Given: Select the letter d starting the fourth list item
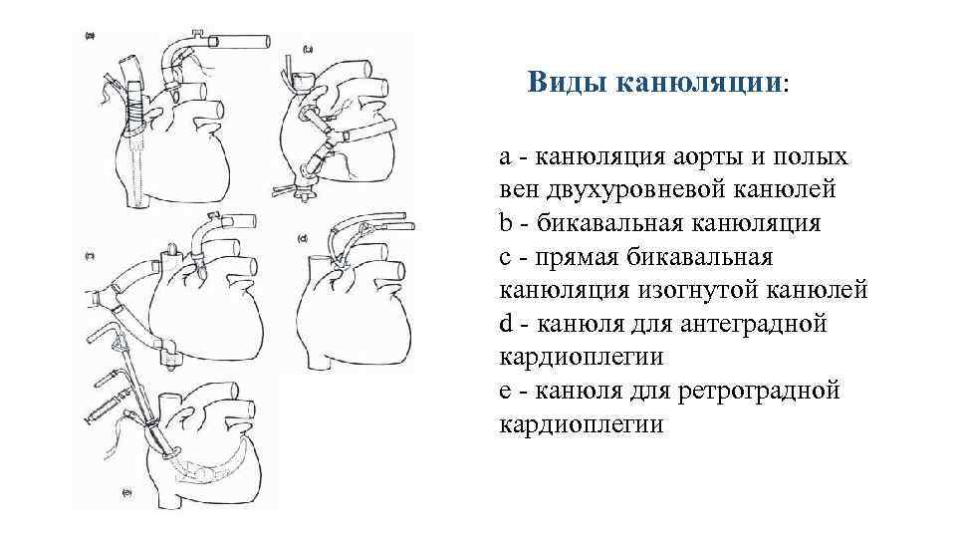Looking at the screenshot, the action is point(506,324).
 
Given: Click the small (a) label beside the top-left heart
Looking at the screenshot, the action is point(90,36).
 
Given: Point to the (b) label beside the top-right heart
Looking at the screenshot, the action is point(308,48).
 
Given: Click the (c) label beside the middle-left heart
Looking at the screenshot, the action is point(90,256).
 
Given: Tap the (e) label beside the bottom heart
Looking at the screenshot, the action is point(127,492).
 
